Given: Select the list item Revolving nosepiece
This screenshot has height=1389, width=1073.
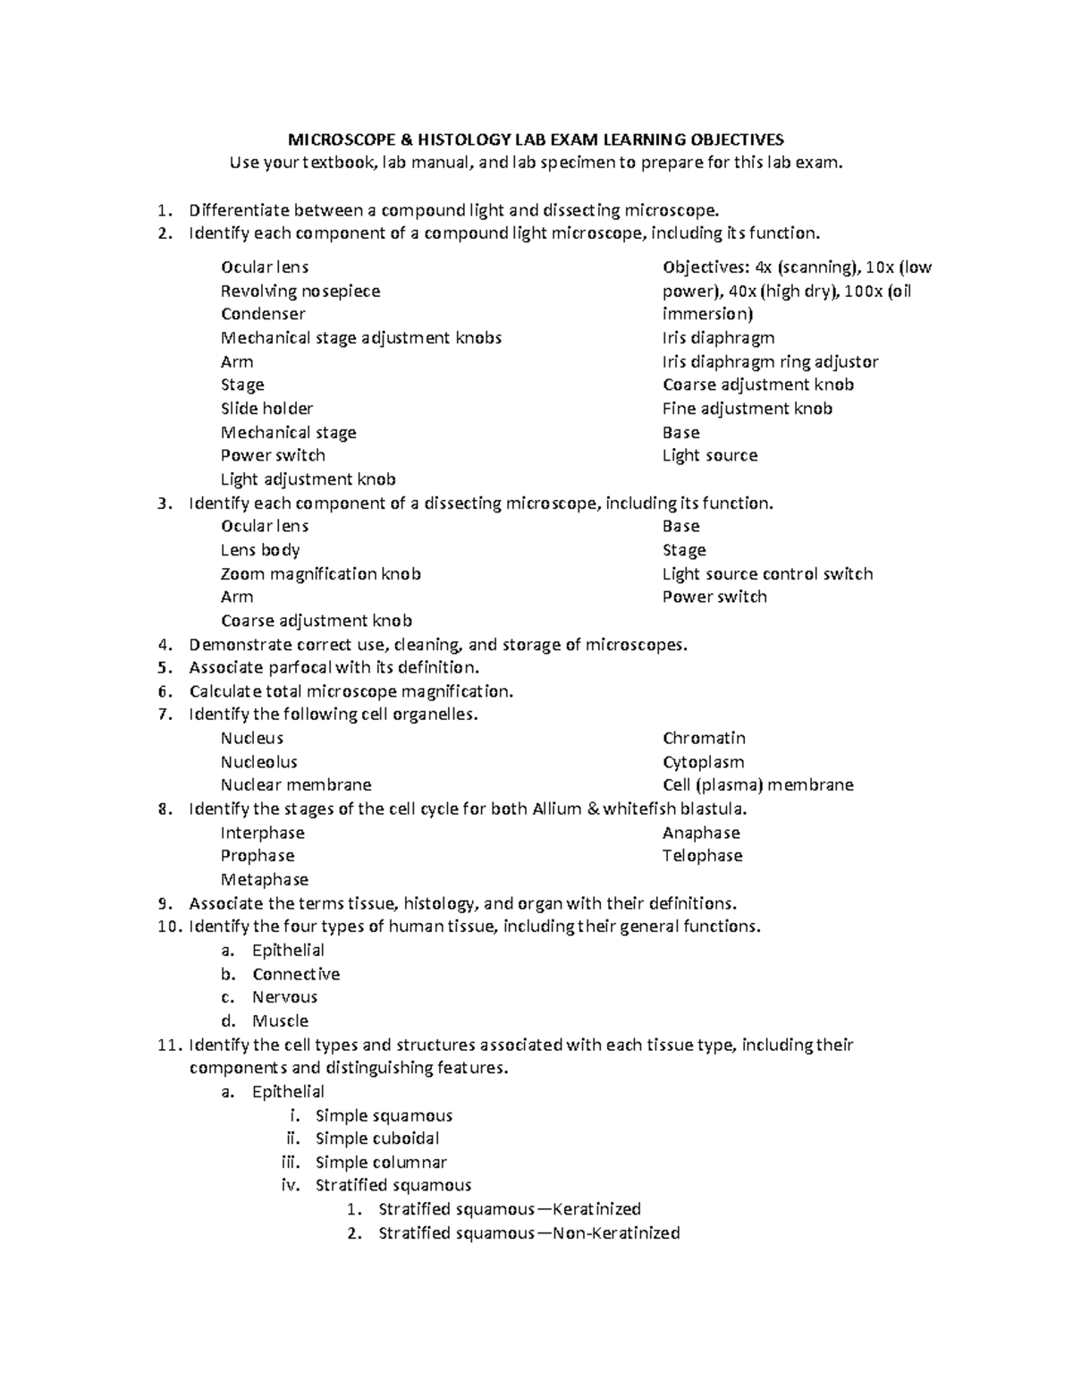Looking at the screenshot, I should [300, 291].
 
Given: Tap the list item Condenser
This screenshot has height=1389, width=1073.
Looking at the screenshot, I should [263, 314].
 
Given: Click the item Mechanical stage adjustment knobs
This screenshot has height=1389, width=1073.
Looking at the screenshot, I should [361, 338].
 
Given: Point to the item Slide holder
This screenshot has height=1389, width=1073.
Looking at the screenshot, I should [266, 409].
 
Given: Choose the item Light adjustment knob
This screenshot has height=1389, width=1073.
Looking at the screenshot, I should [308, 479].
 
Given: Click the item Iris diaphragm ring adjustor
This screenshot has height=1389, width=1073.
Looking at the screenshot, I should [770, 361].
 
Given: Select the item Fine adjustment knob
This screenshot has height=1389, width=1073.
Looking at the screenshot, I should [747, 409].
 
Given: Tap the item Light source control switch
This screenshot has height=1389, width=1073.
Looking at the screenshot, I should [767, 574].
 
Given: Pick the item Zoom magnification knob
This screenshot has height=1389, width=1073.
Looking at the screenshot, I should [320, 574].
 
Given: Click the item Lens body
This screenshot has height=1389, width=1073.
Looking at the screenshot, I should [260, 550].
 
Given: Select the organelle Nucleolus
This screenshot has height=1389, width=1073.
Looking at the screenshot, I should [258, 762].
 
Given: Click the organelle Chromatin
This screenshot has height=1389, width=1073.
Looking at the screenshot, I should [704, 738].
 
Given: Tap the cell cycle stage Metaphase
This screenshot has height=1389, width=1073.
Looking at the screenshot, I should [265, 879].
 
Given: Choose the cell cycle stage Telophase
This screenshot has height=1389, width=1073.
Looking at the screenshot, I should [702, 856].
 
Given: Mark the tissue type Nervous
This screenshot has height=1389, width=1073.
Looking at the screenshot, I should [284, 997].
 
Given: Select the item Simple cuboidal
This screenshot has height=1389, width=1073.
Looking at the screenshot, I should [377, 1139].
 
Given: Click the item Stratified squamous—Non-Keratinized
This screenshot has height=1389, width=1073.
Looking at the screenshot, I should [528, 1233].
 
